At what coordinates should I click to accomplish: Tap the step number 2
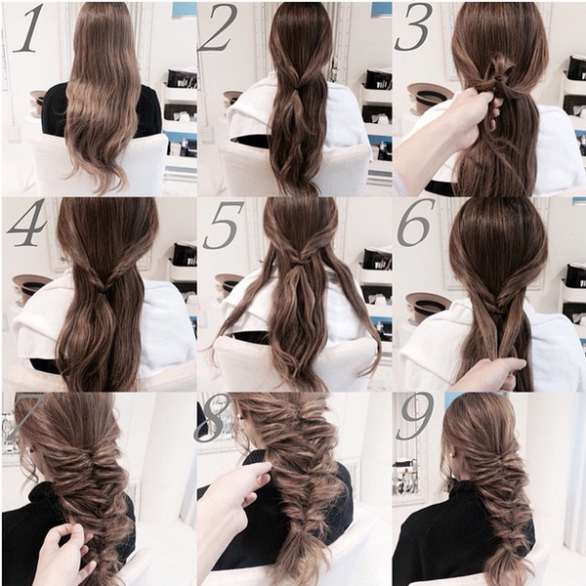click(218, 28)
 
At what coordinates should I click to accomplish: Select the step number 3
click(413, 27)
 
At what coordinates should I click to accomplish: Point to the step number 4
click(27, 223)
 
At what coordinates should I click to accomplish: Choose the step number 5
click(223, 226)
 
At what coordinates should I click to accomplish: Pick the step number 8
click(213, 418)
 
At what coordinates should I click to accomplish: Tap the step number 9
click(415, 416)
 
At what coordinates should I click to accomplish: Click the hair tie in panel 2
click(298, 88)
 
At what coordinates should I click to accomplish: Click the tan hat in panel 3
click(430, 97)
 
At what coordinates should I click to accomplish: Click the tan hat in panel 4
click(32, 286)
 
